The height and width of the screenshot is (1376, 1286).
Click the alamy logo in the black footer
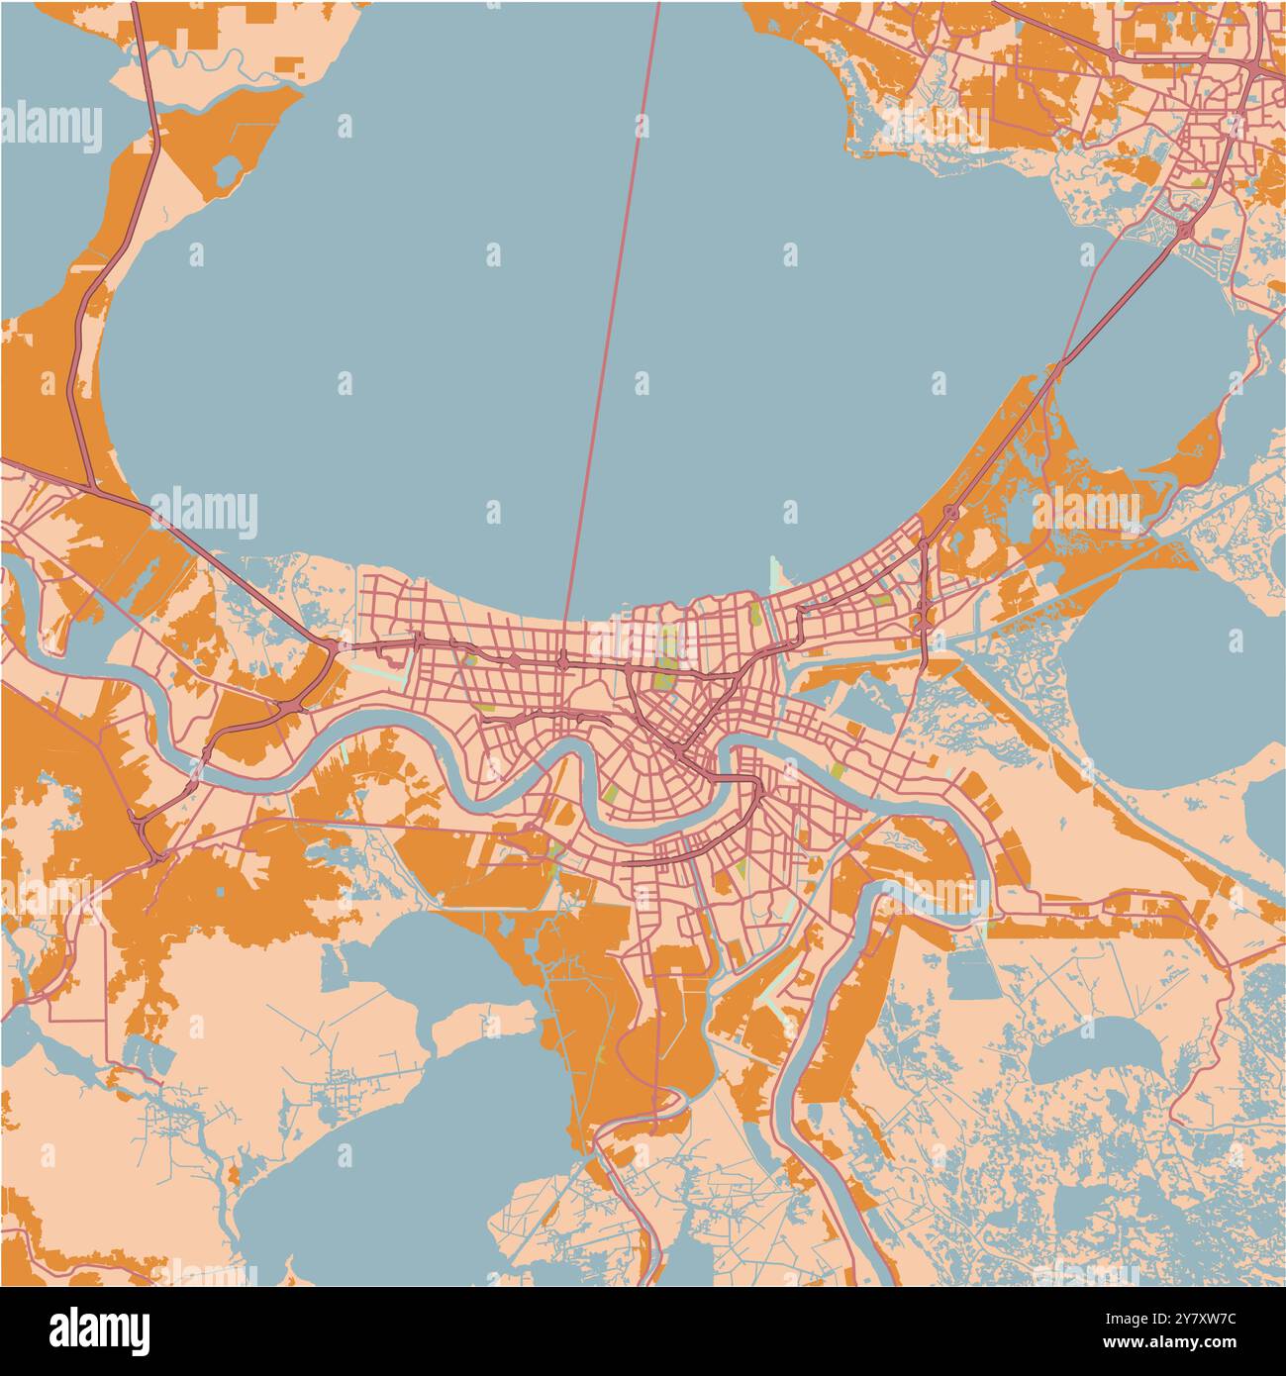point(100,1330)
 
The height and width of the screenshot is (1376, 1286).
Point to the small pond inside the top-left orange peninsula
point(226,171)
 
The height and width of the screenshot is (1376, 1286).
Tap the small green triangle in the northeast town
point(1199,183)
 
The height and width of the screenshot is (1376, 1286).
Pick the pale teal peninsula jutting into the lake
point(777,574)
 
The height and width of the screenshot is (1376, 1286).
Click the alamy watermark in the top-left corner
point(51,128)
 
